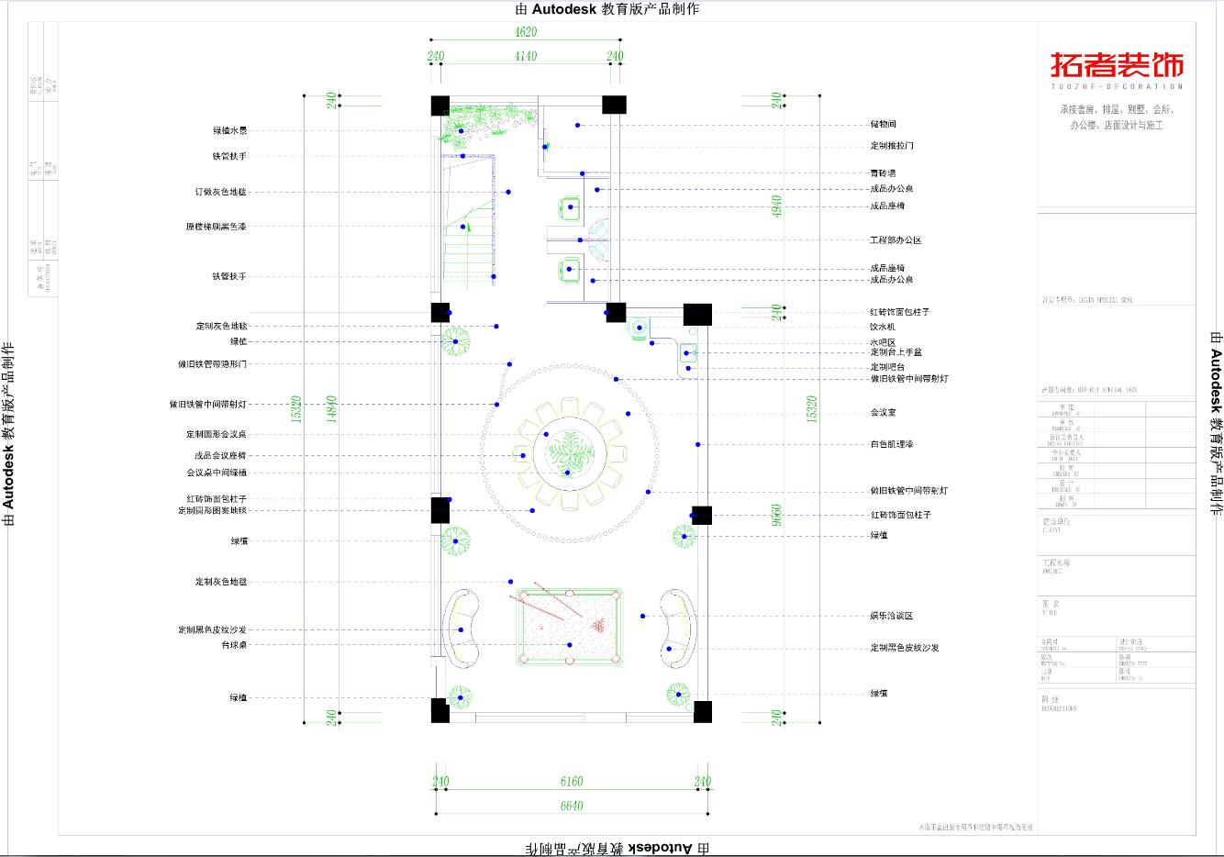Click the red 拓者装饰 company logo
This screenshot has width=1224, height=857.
coord(1117,66)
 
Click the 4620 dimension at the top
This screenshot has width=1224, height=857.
coord(525,32)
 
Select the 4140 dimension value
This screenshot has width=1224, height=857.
coord(525,56)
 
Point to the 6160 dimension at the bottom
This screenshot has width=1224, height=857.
coord(571,782)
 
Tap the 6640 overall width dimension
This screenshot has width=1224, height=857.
coord(571,806)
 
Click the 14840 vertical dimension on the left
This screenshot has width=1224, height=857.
coord(331,409)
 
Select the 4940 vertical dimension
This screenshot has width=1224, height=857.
coord(776,206)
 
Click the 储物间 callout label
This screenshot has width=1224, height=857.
coord(883,125)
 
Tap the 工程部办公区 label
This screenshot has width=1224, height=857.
coord(895,240)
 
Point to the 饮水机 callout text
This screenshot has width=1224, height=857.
coord(883,327)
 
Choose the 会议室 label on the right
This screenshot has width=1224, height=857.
coord(883,413)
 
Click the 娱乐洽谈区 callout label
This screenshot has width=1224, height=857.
coord(891,616)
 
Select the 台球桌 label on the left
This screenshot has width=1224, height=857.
coord(234,645)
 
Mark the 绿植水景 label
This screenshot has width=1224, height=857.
coord(229,131)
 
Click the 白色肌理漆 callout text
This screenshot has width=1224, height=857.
coord(891,444)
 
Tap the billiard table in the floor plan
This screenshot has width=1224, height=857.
coord(568,625)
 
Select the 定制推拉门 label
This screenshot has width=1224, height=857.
coord(891,146)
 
